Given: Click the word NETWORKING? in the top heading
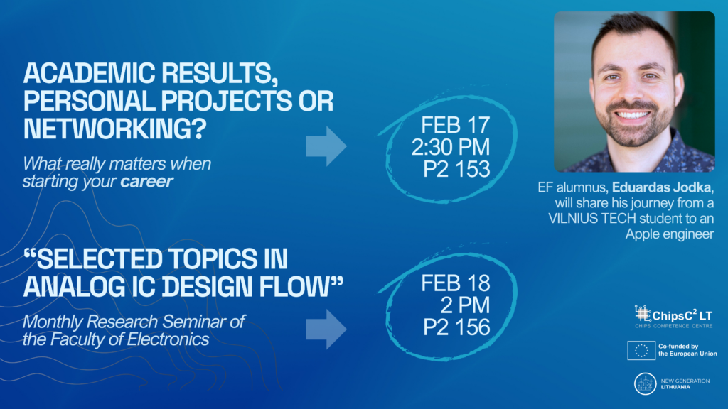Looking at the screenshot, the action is click(114, 129).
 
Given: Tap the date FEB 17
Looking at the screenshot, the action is click(455, 125).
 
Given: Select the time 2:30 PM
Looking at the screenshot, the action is click(450, 147).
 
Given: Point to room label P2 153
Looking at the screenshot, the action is click(456, 169).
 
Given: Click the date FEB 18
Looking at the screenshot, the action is click(455, 283).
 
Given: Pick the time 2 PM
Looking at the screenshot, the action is click(465, 305).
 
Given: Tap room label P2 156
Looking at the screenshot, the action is click(456, 327).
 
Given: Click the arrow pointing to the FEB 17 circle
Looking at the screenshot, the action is click(326, 146).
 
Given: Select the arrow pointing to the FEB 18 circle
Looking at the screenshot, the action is click(326, 329).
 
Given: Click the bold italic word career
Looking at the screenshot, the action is click(146, 181).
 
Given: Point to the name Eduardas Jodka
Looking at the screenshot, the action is click(661, 187).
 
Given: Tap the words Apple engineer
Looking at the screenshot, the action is click(670, 234).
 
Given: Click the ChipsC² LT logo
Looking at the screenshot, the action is click(674, 317).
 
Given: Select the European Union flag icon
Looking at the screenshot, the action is click(641, 351).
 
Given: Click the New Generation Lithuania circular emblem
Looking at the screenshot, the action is click(646, 384).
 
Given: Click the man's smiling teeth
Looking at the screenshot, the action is click(632, 115).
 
